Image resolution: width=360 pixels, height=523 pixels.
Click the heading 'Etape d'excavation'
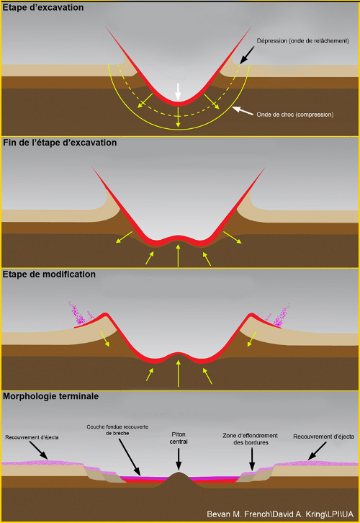[x=42, y=8]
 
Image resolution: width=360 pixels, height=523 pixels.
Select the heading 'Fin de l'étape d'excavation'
[x=60, y=143]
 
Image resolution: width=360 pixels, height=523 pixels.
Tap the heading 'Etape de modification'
[x=49, y=274]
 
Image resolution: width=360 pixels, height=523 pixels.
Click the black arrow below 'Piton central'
[x=179, y=460]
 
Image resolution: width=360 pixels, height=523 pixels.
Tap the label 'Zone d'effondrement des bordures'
[x=251, y=439]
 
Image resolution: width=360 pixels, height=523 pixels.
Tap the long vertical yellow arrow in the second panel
[x=179, y=256]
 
